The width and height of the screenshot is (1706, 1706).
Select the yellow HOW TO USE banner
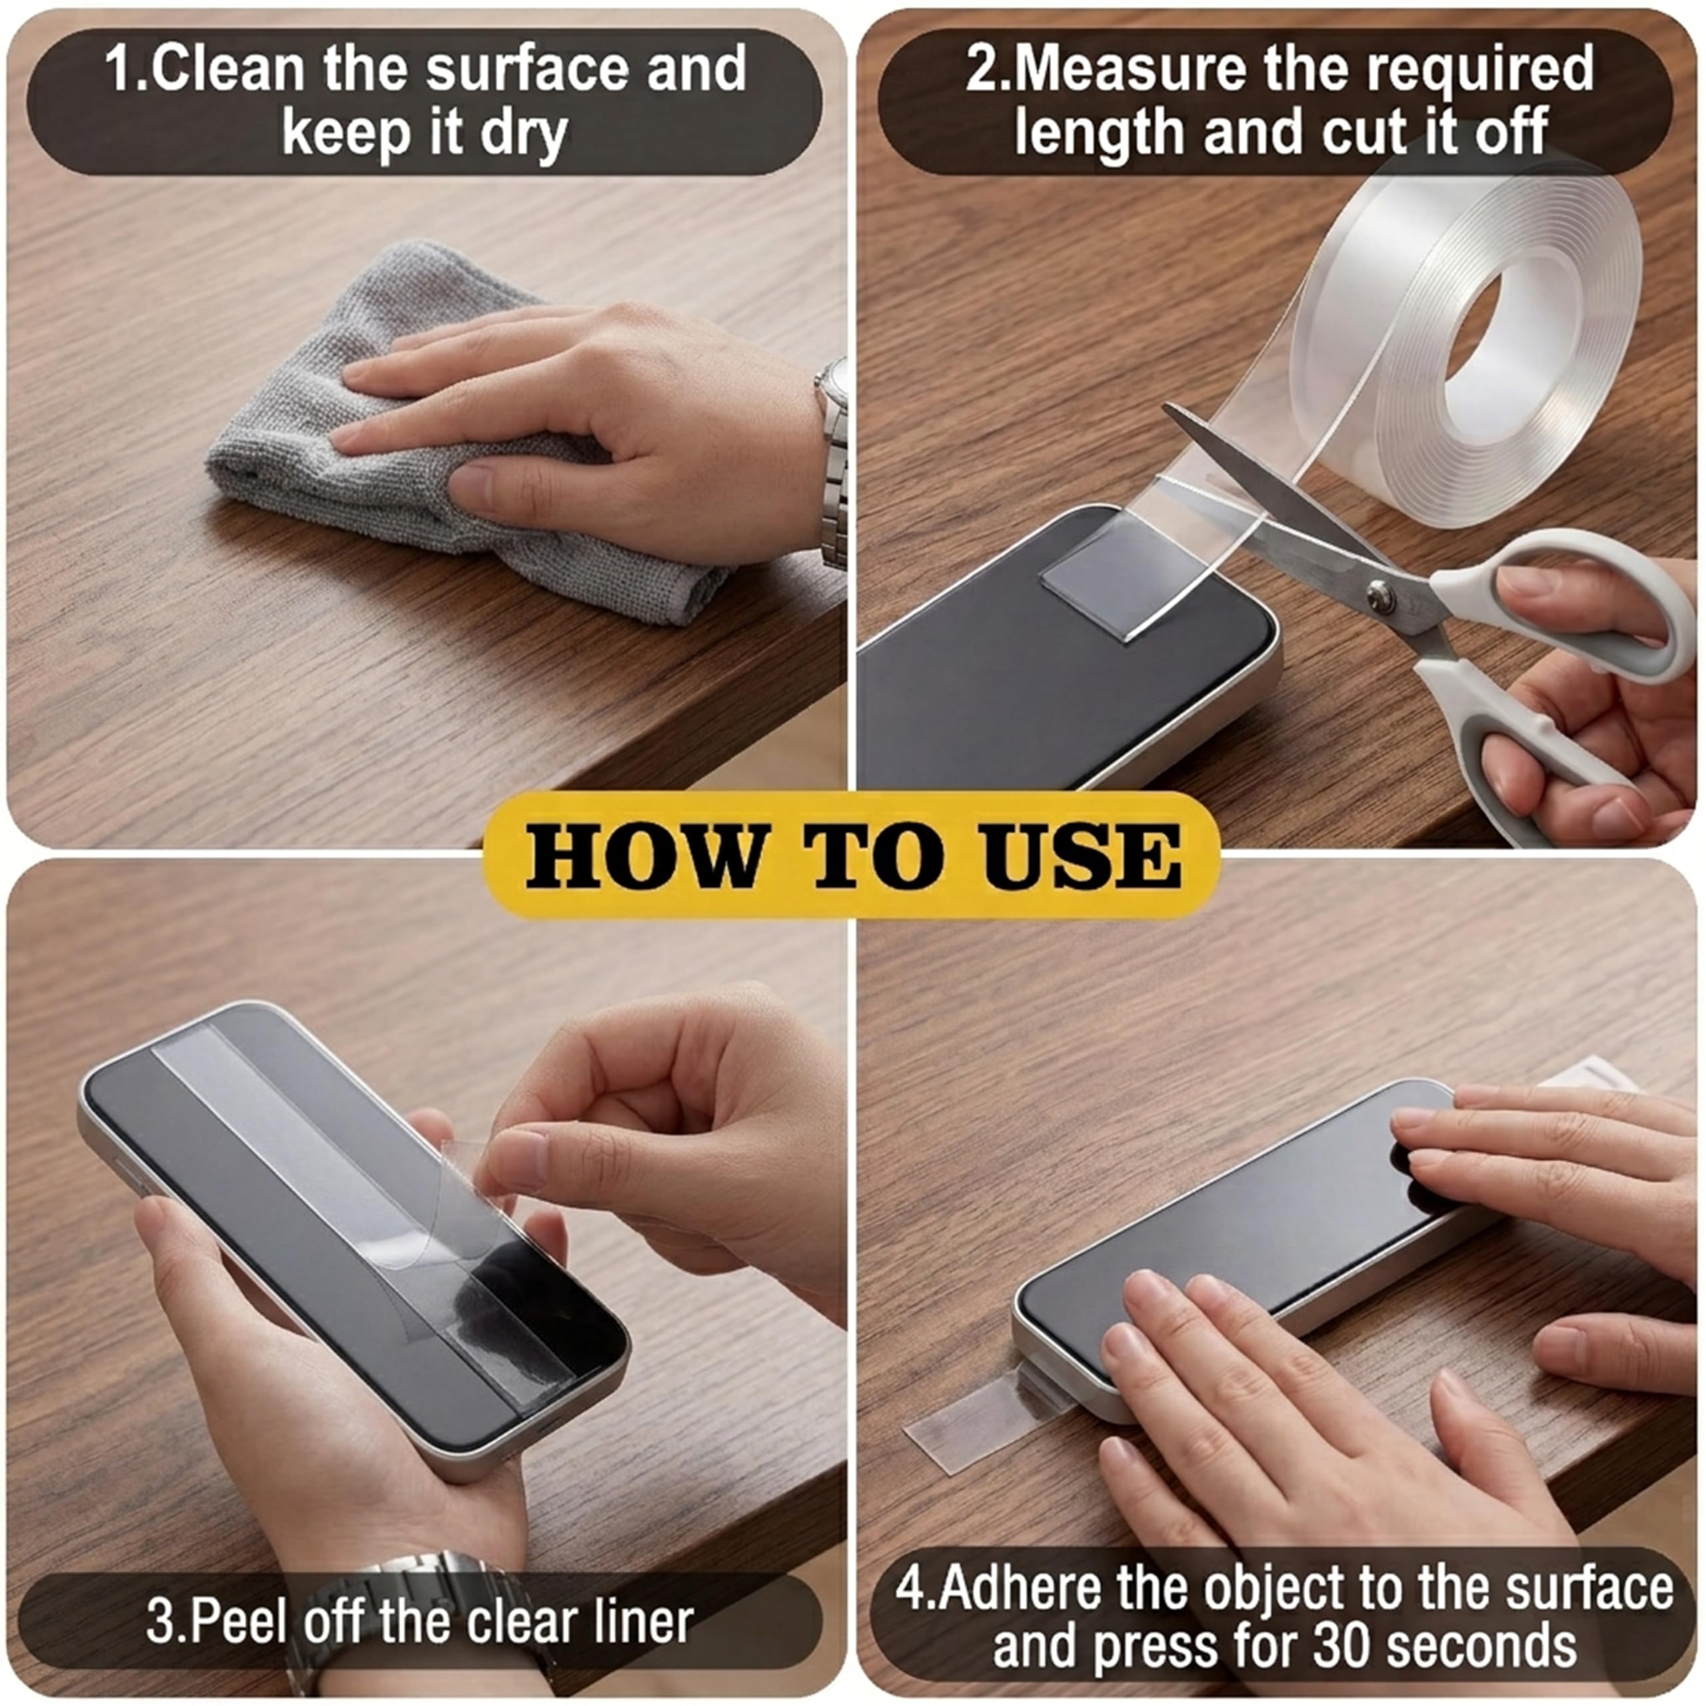point(852,855)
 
